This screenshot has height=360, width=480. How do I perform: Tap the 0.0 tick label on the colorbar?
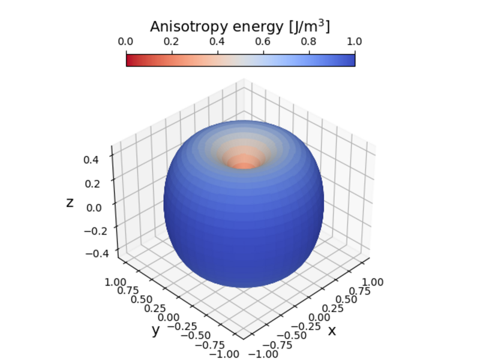pos(126,42)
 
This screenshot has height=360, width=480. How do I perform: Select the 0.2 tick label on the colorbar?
pos(172,42)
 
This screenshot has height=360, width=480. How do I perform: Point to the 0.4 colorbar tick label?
pos(218,42)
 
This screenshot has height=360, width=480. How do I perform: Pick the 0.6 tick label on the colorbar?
pos(263,42)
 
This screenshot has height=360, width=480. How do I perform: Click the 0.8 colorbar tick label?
pos(309,42)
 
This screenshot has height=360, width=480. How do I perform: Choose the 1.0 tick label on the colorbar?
pos(355,42)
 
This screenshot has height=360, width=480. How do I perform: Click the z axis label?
pos(70,203)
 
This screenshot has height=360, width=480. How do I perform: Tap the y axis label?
pos(155,329)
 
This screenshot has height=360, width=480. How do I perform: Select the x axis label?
pos(332,329)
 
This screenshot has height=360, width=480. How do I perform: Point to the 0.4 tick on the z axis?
pos(91,160)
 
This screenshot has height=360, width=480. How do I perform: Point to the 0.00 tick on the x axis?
pos(318,317)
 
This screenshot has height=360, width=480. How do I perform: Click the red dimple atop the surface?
pos(244,163)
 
